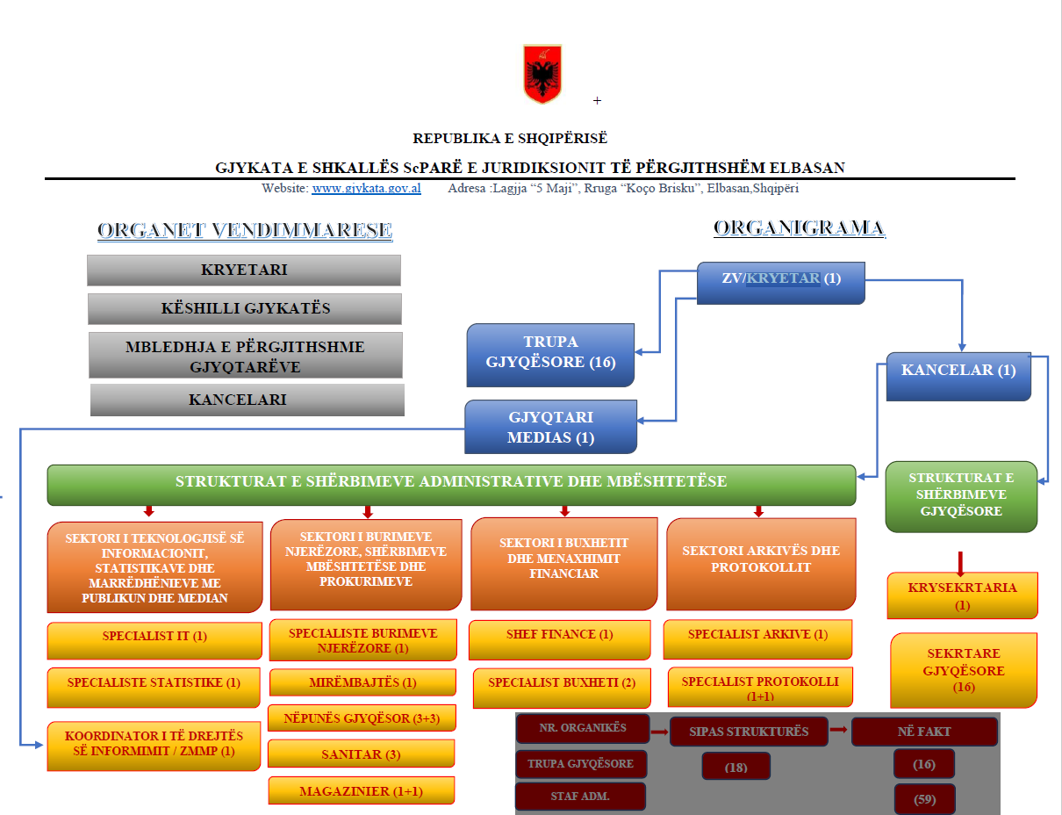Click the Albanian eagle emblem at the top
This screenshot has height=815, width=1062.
(x=542, y=74)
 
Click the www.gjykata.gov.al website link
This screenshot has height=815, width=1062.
(x=366, y=188)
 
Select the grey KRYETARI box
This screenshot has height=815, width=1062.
(x=243, y=270)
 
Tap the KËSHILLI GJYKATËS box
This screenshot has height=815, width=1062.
(x=244, y=308)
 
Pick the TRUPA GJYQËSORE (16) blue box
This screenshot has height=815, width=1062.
(x=549, y=353)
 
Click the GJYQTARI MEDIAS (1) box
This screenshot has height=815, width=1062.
(x=550, y=427)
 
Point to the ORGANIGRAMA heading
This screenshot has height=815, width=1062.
(x=799, y=229)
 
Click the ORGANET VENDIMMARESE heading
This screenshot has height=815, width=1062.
(x=244, y=231)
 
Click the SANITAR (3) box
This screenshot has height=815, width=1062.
(x=361, y=754)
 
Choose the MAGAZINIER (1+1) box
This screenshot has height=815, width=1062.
(x=361, y=790)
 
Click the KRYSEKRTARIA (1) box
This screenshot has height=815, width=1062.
(x=962, y=595)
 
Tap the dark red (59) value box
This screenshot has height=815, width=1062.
(x=923, y=799)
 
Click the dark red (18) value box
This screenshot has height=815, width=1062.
(x=736, y=767)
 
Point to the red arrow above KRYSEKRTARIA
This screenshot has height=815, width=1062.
(x=961, y=562)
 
